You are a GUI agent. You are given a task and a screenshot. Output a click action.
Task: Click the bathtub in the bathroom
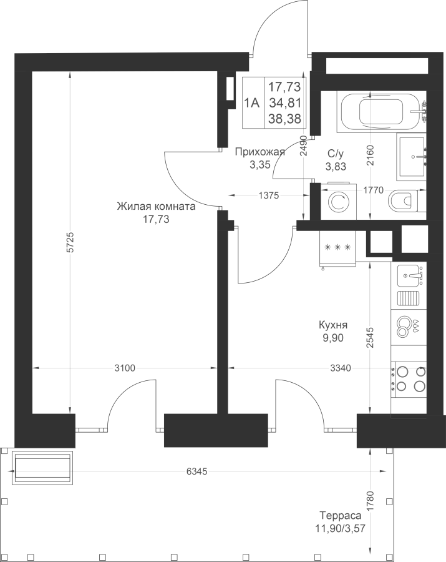pos(382,112)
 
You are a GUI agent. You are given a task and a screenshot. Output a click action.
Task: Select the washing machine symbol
pos(339,202)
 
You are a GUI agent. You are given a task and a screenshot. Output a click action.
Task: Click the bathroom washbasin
pos(412,157)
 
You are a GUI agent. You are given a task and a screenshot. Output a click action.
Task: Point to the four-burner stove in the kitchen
pos(409,379)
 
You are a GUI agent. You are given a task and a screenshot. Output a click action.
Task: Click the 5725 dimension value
pos(70,243)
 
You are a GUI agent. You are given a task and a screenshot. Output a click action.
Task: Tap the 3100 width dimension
pos(125,368)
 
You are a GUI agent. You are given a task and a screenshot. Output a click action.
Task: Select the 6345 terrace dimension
pos(197,471)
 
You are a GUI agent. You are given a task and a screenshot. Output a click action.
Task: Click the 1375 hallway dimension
pos(269,195)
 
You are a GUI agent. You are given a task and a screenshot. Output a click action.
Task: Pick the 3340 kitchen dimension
pos(340,368)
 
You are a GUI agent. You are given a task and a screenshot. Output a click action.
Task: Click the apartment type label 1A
pos(251,103)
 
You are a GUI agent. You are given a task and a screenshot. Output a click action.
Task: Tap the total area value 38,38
pos(285,119)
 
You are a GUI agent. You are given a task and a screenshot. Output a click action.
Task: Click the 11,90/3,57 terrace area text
pos(340,528)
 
